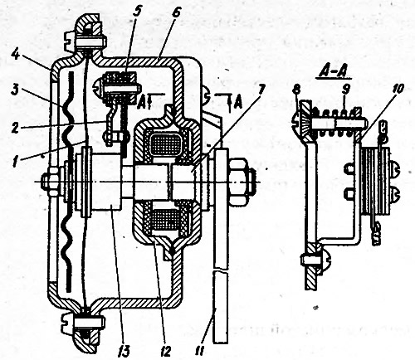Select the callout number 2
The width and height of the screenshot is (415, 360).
point(14,127)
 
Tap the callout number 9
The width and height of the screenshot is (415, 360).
point(344,89)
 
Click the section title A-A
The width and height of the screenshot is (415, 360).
point(333,72)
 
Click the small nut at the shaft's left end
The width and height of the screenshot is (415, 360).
point(49,182)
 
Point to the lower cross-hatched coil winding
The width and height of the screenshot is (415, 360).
point(163,220)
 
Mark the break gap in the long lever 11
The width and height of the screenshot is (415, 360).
point(221,270)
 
